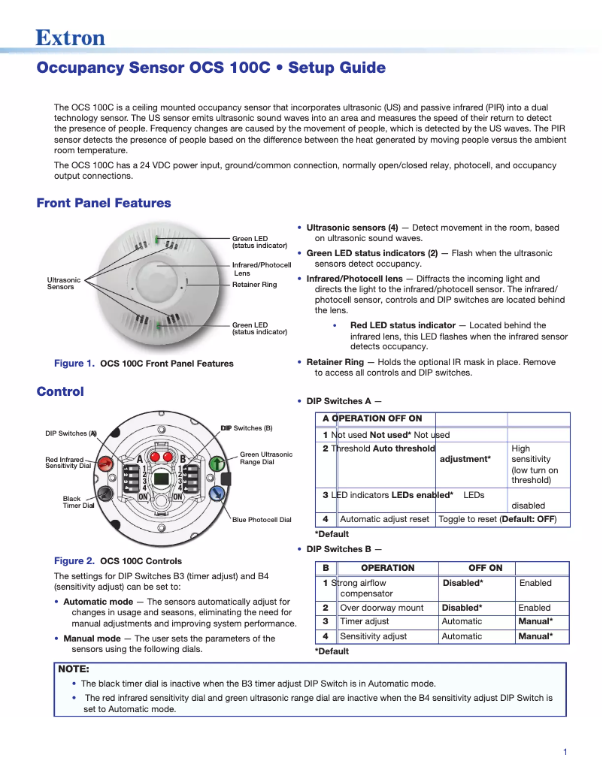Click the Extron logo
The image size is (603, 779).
click(x=70, y=37)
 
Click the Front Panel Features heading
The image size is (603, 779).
click(x=104, y=203)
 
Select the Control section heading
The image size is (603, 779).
click(x=60, y=391)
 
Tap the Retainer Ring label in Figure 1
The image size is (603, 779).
click(x=254, y=285)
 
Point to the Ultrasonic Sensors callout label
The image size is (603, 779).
click(x=63, y=283)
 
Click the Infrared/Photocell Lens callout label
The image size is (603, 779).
click(x=261, y=269)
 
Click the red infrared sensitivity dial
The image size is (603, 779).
click(x=107, y=463)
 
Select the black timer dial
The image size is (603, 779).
click(x=106, y=493)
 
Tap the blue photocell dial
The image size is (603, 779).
click(x=217, y=493)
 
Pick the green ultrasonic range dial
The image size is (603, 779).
click(x=217, y=463)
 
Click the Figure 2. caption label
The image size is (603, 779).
click(x=74, y=560)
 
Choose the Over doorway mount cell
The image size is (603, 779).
click(x=381, y=608)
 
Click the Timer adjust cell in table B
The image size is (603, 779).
click(x=364, y=621)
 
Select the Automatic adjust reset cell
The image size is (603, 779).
click(x=384, y=519)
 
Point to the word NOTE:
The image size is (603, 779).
click(x=74, y=669)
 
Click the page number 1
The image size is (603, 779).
click(x=565, y=752)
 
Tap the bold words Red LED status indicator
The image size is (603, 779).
click(x=403, y=325)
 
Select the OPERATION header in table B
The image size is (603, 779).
click(x=387, y=568)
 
